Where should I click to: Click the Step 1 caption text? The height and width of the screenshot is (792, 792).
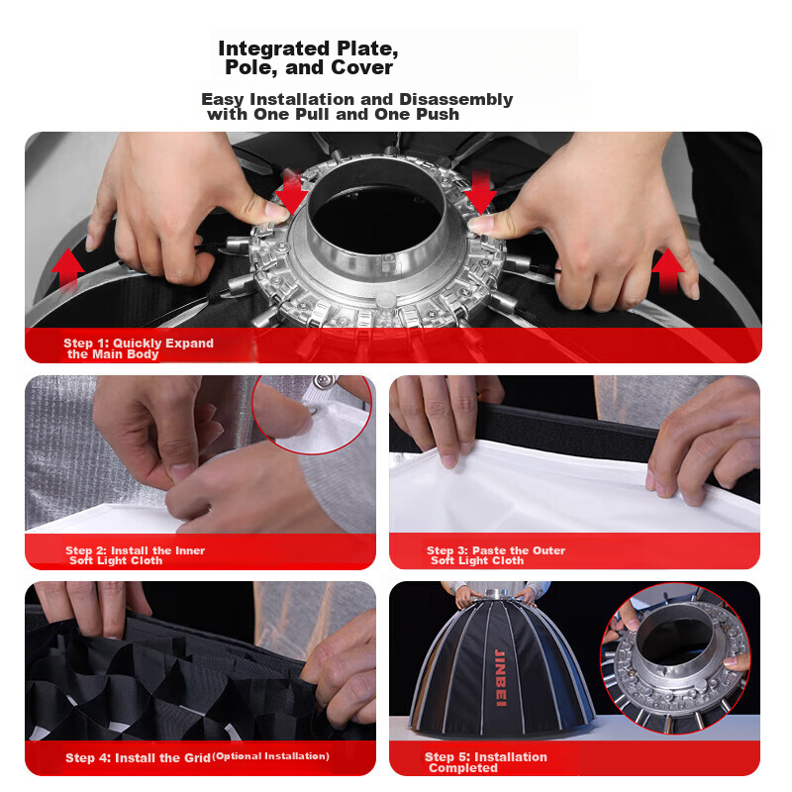click(x=139, y=348)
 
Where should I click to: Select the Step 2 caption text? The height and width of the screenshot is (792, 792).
click(x=135, y=555)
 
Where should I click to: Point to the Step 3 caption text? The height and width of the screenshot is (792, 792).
click(x=496, y=555)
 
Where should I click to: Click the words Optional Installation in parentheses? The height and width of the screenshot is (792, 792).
click(x=270, y=756)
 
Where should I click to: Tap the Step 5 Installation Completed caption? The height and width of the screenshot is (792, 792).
click(x=485, y=762)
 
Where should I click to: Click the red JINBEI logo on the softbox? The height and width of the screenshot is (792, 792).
click(x=500, y=677)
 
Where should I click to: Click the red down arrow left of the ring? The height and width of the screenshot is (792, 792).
click(x=291, y=192)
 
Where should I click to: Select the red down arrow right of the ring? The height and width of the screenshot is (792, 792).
click(x=480, y=192)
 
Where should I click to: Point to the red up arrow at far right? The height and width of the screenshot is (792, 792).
click(x=667, y=270)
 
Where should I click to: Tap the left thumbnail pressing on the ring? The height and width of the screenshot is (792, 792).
click(x=276, y=211)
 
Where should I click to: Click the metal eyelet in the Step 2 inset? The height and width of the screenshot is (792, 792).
click(x=313, y=411)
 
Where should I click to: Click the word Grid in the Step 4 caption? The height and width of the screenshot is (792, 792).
click(x=197, y=758)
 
